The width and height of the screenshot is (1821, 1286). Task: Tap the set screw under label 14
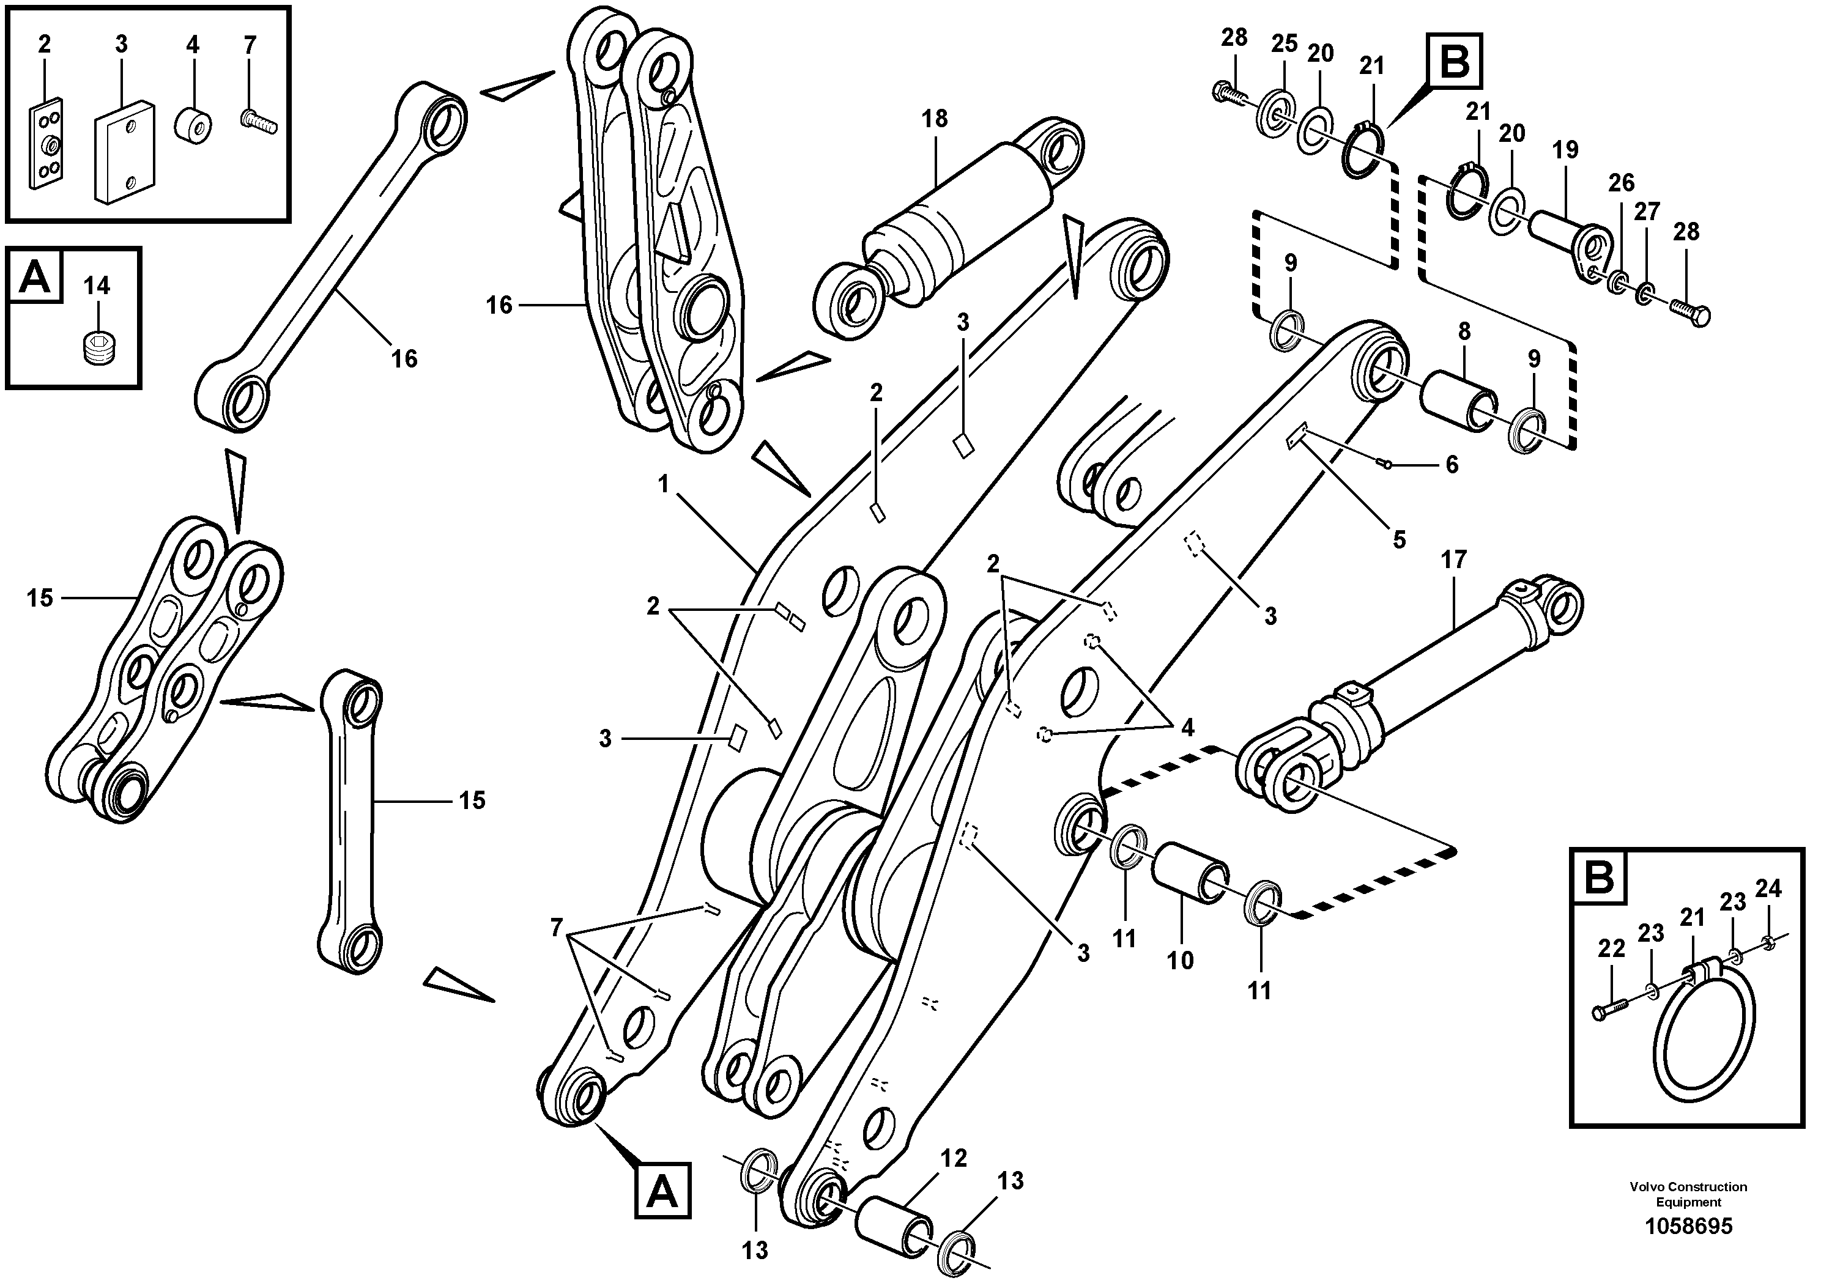[x=96, y=347]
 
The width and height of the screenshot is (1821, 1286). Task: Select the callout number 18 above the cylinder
[x=934, y=119]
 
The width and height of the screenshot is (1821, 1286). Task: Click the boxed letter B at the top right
[x=1455, y=61]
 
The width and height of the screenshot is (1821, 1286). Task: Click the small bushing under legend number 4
[x=193, y=125]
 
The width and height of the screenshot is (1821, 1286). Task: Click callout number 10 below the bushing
[x=1180, y=961]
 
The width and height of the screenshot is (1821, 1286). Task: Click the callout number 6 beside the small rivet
[x=1452, y=465]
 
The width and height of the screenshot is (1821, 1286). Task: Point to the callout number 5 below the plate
[x=1399, y=540]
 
